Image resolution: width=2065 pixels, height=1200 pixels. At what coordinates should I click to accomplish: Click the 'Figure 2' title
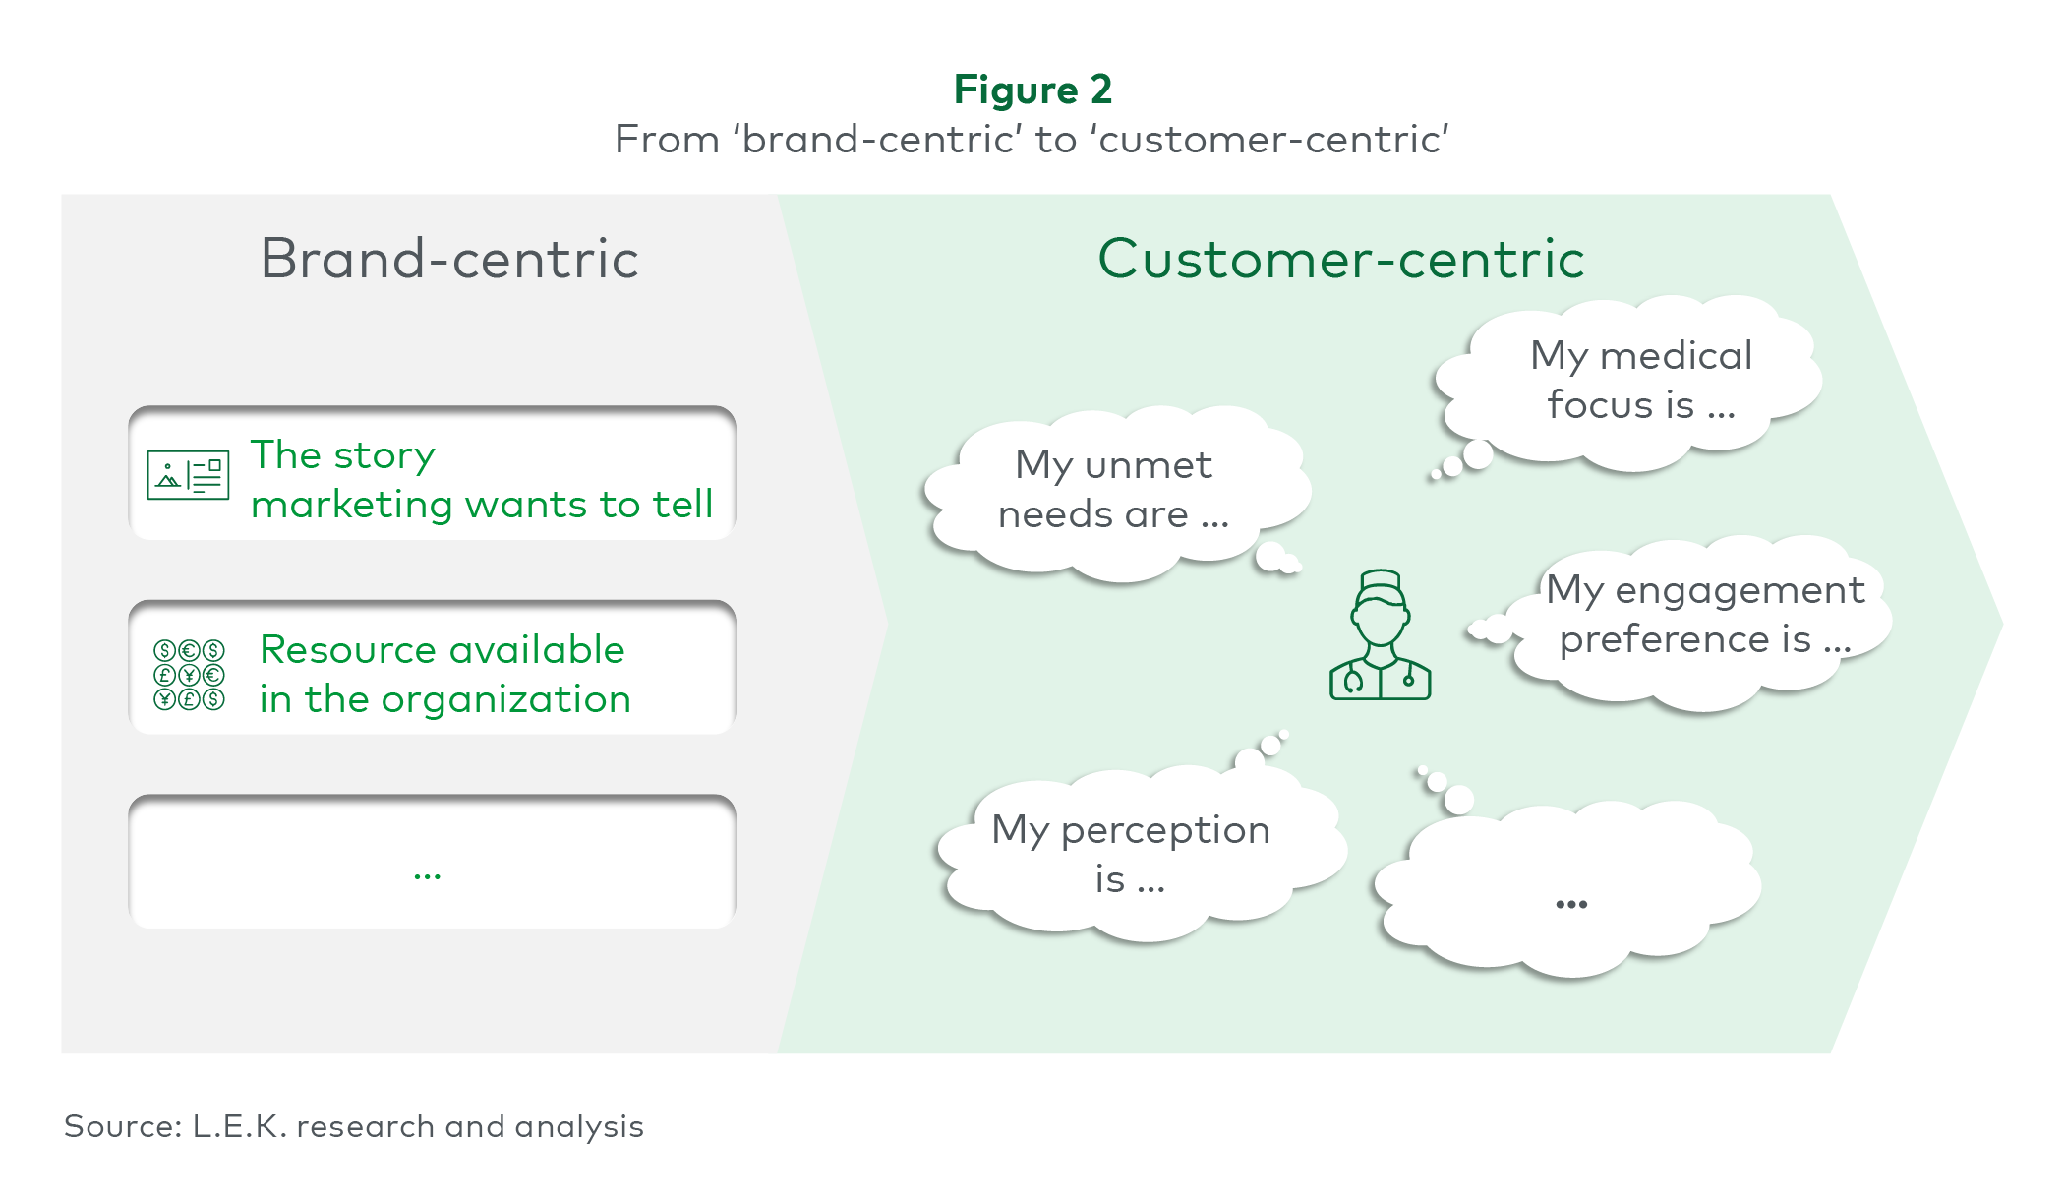[x=1032, y=90]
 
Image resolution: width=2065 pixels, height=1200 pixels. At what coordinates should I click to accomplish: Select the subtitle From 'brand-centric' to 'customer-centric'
[x=1032, y=140]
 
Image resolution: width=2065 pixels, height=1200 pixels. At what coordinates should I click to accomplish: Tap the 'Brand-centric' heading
[x=449, y=259]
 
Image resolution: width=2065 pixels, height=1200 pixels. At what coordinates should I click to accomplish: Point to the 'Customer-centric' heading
[x=1341, y=259]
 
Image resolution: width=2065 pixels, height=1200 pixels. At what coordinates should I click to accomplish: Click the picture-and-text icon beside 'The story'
[x=188, y=475]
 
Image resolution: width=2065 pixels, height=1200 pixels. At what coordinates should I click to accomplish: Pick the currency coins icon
[x=189, y=675]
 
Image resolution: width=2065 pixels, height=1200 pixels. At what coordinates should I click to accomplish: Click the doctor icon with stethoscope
[x=1380, y=635]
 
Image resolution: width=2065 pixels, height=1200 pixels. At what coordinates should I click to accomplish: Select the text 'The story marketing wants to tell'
[x=482, y=479]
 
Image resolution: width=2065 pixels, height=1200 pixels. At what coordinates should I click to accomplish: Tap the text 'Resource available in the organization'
[x=444, y=674]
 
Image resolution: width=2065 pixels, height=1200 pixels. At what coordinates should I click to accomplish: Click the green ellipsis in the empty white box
[x=427, y=874]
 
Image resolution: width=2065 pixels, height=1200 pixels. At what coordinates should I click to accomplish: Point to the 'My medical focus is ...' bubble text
[x=1641, y=380]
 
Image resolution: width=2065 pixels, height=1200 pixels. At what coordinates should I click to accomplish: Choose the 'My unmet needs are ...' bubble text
[x=1113, y=489]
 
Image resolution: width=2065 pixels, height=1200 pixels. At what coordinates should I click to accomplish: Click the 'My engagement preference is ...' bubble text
[x=1705, y=615]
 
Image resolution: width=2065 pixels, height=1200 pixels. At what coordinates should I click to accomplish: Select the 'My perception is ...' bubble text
[x=1131, y=854]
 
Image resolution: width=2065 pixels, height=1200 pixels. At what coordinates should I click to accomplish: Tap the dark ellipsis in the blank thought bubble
[x=1571, y=904]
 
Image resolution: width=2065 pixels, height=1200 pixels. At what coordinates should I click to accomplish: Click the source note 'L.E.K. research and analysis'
[x=418, y=1126]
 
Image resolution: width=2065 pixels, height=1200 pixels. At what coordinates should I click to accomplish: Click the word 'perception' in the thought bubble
[x=1165, y=831]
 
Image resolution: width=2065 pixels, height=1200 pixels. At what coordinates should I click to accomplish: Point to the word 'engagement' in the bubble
[x=1740, y=591]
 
